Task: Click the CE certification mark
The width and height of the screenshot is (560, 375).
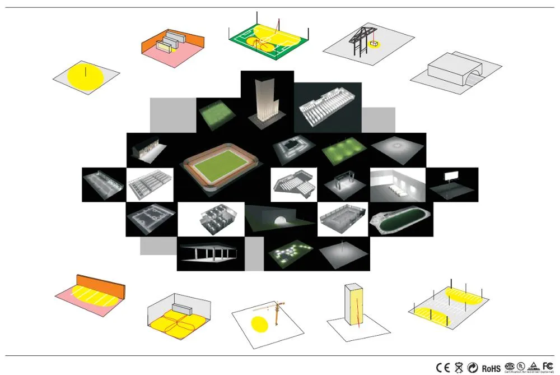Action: pos(443,368)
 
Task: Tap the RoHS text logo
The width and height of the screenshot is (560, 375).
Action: pos(491,368)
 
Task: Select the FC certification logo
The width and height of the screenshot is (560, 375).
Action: pos(548,365)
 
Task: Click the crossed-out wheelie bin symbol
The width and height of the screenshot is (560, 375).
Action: pos(459,368)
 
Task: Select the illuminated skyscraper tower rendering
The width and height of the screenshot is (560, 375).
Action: pos(267,101)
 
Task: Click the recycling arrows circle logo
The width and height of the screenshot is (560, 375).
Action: pos(473,368)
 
